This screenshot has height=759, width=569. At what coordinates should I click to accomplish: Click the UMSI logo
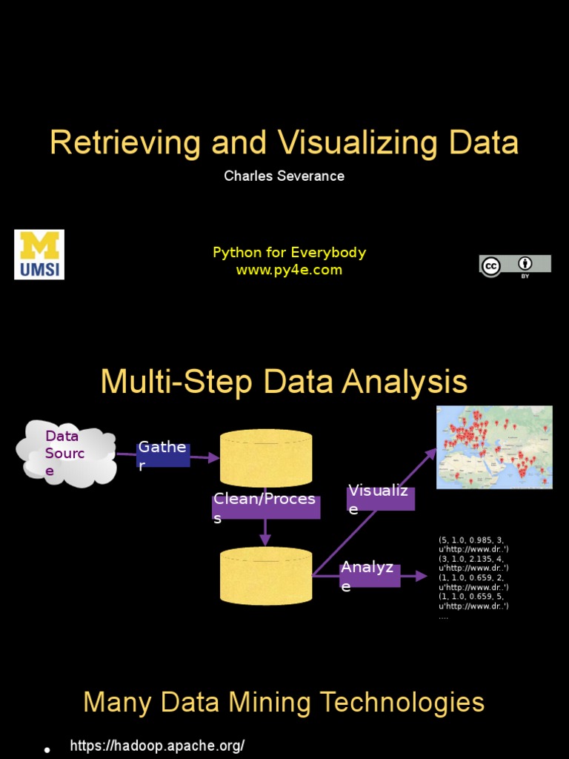pyautogui.click(x=39, y=254)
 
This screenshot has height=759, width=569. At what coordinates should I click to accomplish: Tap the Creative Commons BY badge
pyautogui.click(x=515, y=266)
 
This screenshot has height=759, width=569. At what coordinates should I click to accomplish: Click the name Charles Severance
pyautogui.click(x=284, y=176)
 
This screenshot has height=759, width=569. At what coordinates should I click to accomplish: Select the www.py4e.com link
pyautogui.click(x=289, y=271)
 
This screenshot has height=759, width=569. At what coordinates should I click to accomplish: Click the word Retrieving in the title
pyautogui.click(x=125, y=143)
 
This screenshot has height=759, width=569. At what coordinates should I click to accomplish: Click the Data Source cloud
pyautogui.click(x=66, y=453)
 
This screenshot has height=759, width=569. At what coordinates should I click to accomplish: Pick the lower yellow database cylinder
pyautogui.click(x=266, y=576)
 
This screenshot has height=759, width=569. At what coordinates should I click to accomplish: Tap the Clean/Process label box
pyautogui.click(x=266, y=508)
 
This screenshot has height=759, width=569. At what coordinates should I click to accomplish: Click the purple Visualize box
pyautogui.click(x=380, y=499)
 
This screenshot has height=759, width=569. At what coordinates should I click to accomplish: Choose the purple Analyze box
pyautogui.click(x=369, y=576)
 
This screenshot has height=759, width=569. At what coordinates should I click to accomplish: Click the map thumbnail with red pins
pyautogui.click(x=494, y=447)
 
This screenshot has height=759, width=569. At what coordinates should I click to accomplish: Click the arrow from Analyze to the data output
pyautogui.click(x=414, y=576)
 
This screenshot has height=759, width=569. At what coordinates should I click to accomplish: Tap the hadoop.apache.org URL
pyautogui.click(x=157, y=746)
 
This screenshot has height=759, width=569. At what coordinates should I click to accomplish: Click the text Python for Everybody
pyautogui.click(x=289, y=253)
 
